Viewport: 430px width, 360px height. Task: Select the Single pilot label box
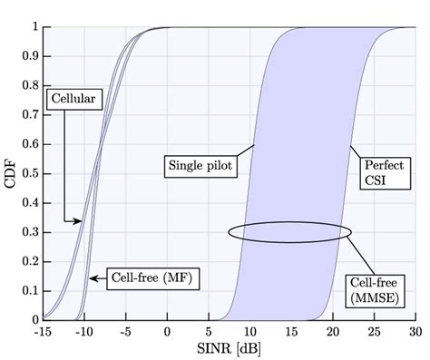pos(200,165)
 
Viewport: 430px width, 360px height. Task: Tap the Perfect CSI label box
pos(382,173)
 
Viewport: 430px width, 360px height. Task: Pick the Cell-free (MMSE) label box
pos(376,288)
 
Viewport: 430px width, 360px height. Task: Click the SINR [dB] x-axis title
pos(229,347)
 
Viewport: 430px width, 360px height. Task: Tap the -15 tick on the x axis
pos(44,331)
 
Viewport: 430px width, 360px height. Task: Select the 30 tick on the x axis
pos(414,331)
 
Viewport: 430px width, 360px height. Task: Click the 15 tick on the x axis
pos(290,331)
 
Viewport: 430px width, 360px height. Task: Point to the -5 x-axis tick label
pos(125,331)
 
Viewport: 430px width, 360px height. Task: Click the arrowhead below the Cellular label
pos(79,220)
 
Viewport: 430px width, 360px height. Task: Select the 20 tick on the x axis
pos(332,331)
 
